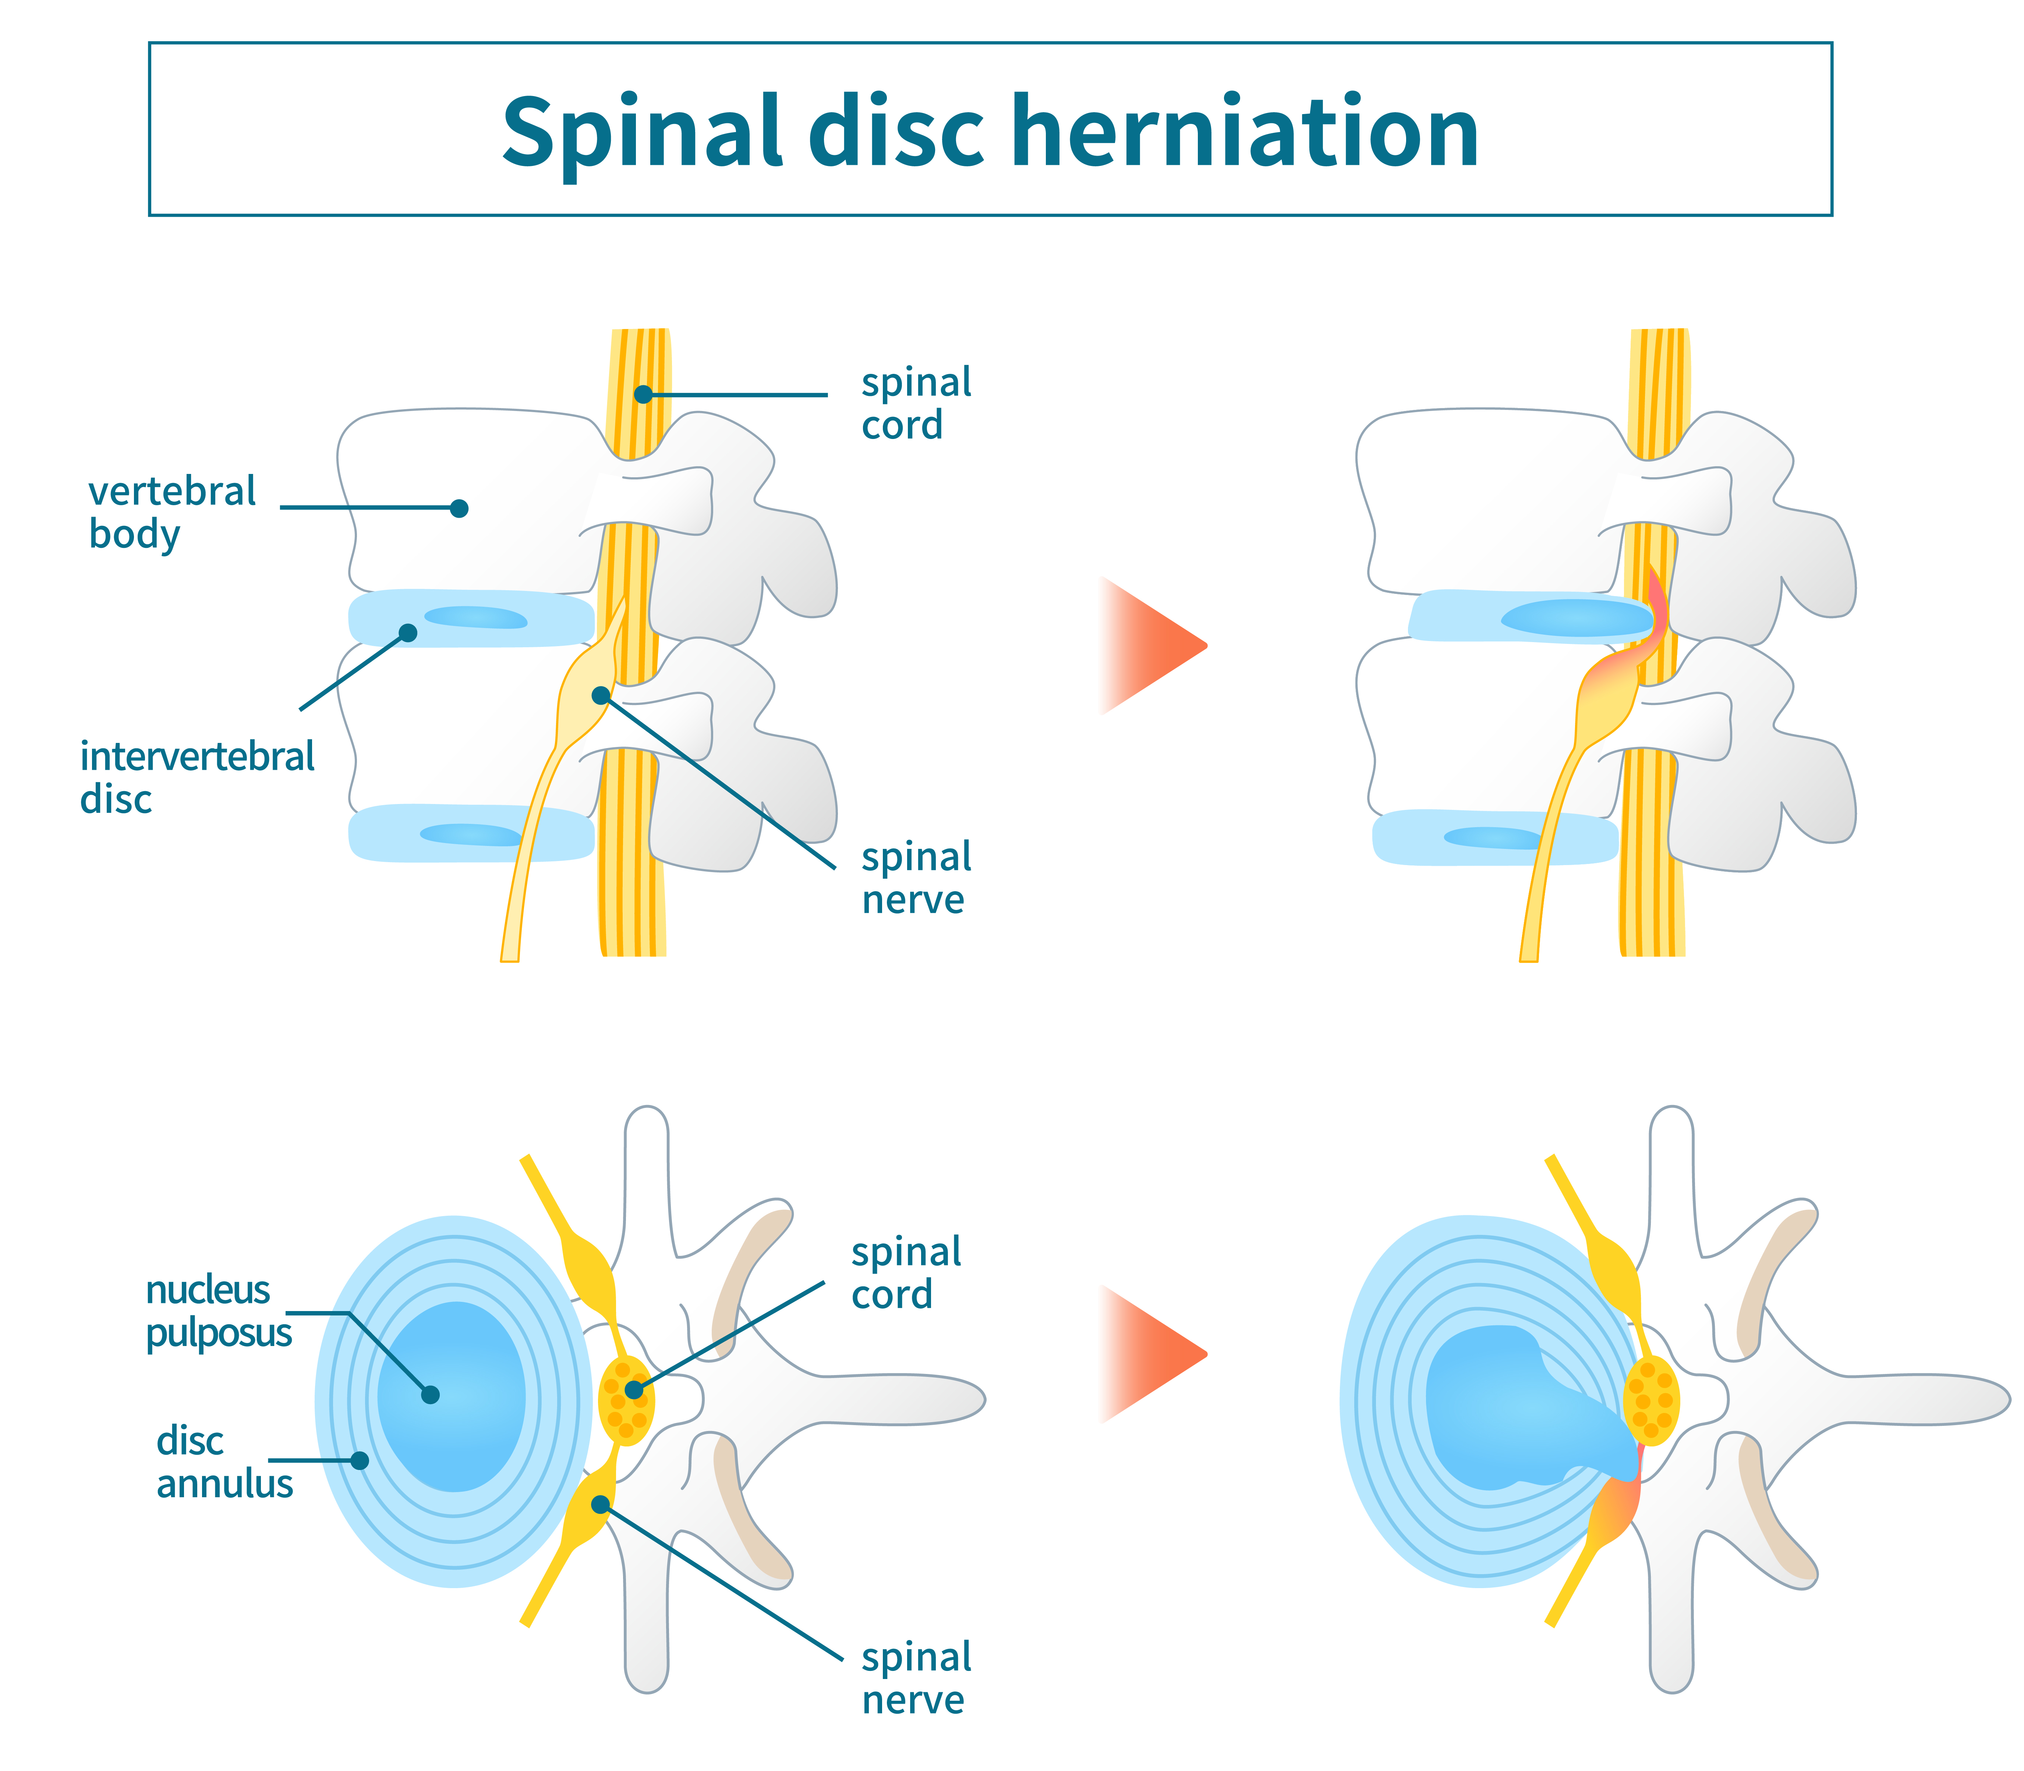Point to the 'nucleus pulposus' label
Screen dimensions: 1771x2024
click(217, 1310)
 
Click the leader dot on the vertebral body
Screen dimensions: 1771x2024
click(459, 508)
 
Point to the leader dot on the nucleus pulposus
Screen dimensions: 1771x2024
click(430, 1395)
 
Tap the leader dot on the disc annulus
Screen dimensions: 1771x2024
click(360, 1460)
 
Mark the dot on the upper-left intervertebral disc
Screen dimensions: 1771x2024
click(407, 633)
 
